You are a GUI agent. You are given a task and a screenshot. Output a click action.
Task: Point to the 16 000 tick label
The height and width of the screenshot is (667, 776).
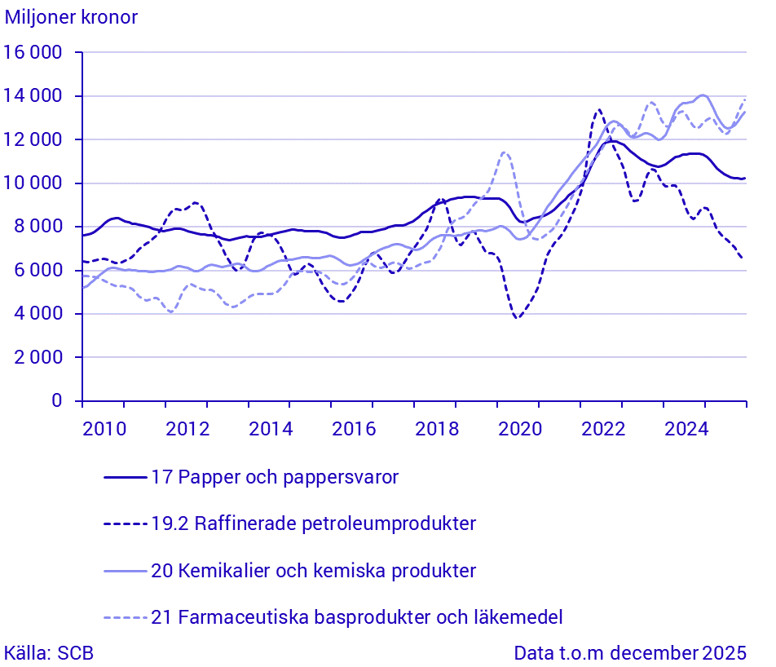[33, 53]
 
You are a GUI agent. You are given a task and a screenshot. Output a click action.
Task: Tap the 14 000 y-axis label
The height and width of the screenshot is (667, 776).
[33, 96]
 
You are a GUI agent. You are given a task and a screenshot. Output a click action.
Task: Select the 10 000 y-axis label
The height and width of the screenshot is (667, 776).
[33, 183]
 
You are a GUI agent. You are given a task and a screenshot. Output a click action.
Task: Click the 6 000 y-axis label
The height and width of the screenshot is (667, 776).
[39, 271]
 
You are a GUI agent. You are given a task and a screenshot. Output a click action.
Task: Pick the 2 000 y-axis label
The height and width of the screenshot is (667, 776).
[39, 357]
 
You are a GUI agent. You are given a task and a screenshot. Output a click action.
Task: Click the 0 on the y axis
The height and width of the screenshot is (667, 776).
[57, 401]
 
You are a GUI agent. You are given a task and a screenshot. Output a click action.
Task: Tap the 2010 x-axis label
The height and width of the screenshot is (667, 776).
[104, 430]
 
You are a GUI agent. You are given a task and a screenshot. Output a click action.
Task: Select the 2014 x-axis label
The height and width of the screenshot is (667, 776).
[271, 430]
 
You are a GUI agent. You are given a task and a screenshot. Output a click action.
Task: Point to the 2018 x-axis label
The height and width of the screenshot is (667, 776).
[437, 430]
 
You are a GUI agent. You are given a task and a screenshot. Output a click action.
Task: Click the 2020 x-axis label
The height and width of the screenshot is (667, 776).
[520, 430]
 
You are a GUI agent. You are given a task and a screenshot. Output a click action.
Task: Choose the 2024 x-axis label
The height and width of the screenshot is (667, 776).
[686, 430]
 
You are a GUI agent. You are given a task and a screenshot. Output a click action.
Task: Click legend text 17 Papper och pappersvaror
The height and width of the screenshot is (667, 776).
[275, 477]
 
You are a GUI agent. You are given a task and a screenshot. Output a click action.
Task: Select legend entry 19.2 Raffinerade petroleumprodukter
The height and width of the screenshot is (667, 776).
[313, 523]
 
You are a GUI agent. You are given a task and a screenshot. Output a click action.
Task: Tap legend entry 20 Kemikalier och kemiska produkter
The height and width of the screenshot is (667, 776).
[313, 571]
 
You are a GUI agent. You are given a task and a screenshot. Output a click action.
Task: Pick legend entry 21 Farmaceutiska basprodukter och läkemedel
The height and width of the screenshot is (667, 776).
[357, 617]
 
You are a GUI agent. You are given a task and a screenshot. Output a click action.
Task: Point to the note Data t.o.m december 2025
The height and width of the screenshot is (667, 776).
[630, 653]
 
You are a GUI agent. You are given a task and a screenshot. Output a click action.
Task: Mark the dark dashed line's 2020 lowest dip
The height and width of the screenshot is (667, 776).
[518, 317]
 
